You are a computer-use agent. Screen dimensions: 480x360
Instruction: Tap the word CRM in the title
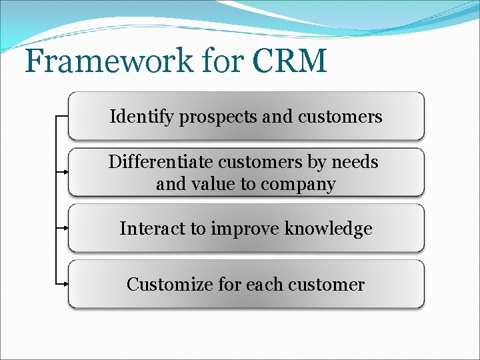(290, 61)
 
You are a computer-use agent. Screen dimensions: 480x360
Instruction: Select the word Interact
(153, 229)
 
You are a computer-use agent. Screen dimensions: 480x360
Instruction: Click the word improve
(245, 229)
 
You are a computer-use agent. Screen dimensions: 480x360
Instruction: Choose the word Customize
(169, 285)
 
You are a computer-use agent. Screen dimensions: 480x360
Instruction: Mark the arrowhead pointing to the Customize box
(65, 284)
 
